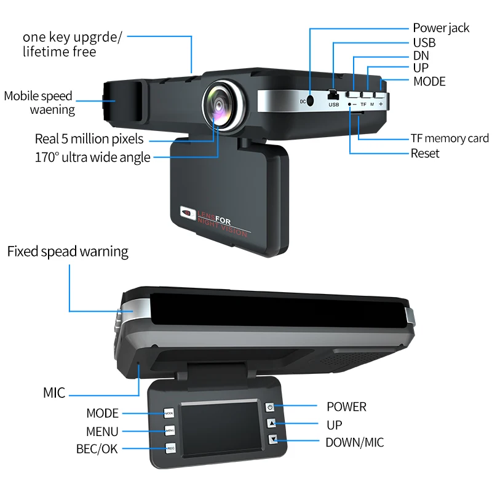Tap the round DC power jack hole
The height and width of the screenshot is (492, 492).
coord(311,100)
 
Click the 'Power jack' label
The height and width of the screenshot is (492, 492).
coord(441,28)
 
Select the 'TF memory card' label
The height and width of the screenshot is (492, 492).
coord(450,138)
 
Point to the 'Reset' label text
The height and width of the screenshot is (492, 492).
coord(425,153)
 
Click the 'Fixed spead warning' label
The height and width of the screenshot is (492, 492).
coord(68,252)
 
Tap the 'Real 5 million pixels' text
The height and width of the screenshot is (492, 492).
coord(89,139)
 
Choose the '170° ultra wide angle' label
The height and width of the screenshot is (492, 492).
coord(92,157)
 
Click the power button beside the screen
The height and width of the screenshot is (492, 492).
coord(270,407)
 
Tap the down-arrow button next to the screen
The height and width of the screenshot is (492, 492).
coord(272,440)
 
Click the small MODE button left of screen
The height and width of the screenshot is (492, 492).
coord(169,413)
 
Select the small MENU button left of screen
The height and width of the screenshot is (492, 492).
coord(170,430)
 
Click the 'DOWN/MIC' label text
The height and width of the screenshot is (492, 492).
coord(355,442)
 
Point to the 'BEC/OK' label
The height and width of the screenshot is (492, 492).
coord(97,450)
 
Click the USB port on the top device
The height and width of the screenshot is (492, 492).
coord(333,97)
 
